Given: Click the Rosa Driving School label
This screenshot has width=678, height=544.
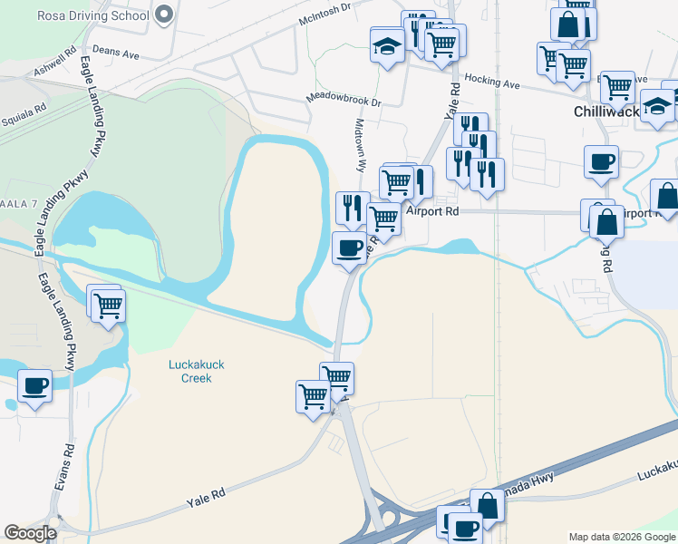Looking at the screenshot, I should pyautogui.click(x=92, y=15).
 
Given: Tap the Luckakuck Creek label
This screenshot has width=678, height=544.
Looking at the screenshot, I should pyautogui.click(x=197, y=371).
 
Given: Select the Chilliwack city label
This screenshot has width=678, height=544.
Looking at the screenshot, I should pyautogui.click(x=606, y=112).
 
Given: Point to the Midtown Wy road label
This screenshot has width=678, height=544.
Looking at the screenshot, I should pyautogui.click(x=360, y=145).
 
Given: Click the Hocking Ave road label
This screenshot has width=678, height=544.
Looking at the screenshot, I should pyautogui.click(x=492, y=83).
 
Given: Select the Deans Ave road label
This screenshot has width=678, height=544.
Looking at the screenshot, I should pyautogui.click(x=116, y=54).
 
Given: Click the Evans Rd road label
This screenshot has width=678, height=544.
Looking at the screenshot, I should pyautogui.click(x=63, y=468).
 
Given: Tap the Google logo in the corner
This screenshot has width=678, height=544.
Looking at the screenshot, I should pyautogui.click(x=30, y=533).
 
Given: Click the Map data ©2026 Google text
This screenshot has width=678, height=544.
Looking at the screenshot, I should pyautogui.click(x=621, y=537).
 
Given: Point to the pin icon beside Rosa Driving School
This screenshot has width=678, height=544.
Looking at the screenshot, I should pyautogui.click(x=163, y=15).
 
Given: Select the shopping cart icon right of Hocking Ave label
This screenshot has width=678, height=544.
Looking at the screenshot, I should pyautogui.click(x=617, y=87).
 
